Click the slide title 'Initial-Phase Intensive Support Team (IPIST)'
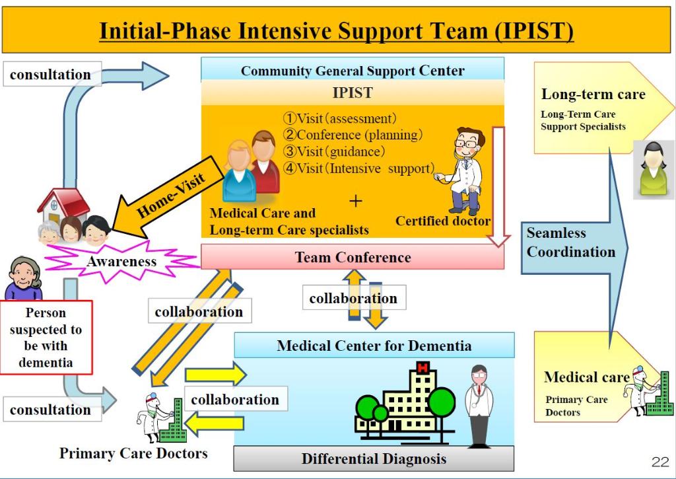click(x=337, y=31)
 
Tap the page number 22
click(x=659, y=461)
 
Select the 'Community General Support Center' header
click(x=352, y=71)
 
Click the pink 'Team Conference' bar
click(x=352, y=257)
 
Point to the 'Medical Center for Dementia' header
click(x=374, y=345)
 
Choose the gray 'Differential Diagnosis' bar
click(x=374, y=458)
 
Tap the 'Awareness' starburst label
click(x=122, y=261)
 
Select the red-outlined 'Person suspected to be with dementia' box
click(x=46, y=337)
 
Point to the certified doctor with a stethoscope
click(x=465, y=168)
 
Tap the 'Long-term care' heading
click(x=593, y=94)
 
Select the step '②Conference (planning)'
click(x=352, y=135)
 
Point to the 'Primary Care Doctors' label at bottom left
click(x=133, y=453)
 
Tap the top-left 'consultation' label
click(x=50, y=75)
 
